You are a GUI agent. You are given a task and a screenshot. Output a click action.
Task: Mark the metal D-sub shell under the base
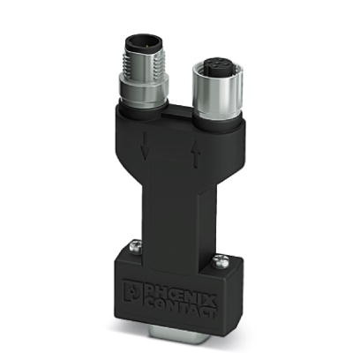[x=176, y=343]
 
